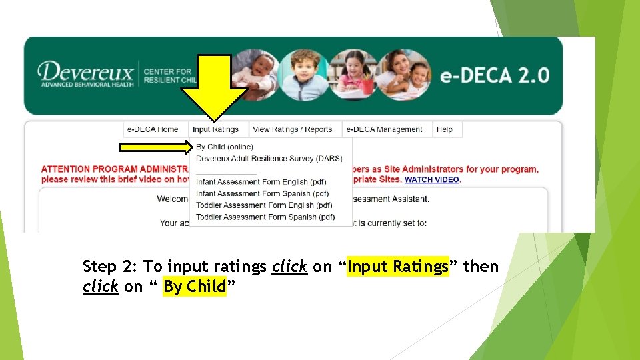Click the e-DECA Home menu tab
pyautogui.click(x=153, y=129)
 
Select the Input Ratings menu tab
pyautogui.click(x=215, y=129)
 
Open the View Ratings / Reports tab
pyautogui.click(x=292, y=129)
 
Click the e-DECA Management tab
pyautogui.click(x=384, y=129)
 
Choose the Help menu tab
pyautogui.click(x=444, y=129)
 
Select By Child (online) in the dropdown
pyautogui.click(x=225, y=147)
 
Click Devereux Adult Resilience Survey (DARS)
pyautogui.click(x=269, y=159)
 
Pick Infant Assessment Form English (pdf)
pyautogui.click(x=261, y=182)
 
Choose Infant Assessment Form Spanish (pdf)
pyautogui.click(x=262, y=194)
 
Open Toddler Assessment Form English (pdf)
pyautogui.click(x=264, y=205)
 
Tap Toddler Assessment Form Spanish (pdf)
pyautogui.click(x=265, y=217)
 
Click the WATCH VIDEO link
pyautogui.click(x=432, y=180)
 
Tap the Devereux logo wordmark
pyautogui.click(x=85, y=71)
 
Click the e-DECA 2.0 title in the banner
pyautogui.click(x=495, y=75)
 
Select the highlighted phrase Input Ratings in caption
pyautogui.click(x=398, y=267)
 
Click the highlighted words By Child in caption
pyautogui.click(x=195, y=287)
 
